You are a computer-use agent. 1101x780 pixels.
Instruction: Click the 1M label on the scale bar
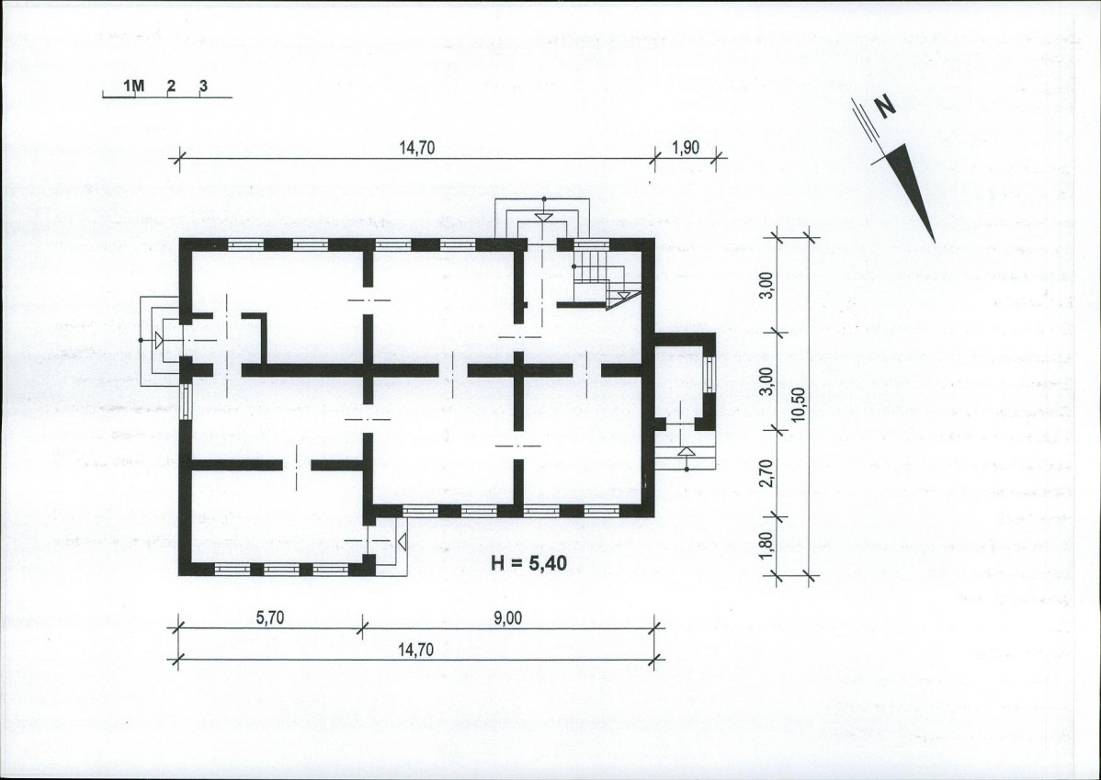pyautogui.click(x=133, y=86)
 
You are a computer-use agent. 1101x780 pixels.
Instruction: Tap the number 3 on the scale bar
pyautogui.click(x=204, y=85)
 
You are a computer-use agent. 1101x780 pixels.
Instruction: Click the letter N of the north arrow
pyautogui.click(x=886, y=106)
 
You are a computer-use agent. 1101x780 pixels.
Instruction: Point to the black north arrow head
pyautogui.click(x=912, y=190)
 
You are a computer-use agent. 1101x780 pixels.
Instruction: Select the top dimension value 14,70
pyautogui.click(x=417, y=147)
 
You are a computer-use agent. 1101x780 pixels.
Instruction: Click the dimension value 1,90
pyautogui.click(x=686, y=147)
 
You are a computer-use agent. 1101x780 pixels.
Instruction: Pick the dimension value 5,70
pyautogui.click(x=269, y=617)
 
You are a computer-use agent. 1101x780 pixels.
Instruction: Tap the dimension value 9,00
pyautogui.click(x=507, y=617)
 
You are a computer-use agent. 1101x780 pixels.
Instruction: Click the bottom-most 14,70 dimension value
pyautogui.click(x=415, y=650)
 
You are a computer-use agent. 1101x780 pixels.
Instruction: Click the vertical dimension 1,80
pyautogui.click(x=766, y=547)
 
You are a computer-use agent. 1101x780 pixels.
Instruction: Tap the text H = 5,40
pyautogui.click(x=528, y=563)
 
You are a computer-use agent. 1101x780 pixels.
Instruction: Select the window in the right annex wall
pyautogui.click(x=709, y=374)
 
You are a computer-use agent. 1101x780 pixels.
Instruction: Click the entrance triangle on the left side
pyautogui.click(x=159, y=340)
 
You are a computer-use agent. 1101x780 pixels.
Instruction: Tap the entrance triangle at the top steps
pyautogui.click(x=543, y=217)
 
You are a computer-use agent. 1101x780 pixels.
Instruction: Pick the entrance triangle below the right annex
pyautogui.click(x=686, y=451)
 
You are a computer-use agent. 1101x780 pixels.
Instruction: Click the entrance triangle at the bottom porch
pyautogui.click(x=403, y=541)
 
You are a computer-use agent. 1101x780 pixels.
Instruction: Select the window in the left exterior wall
pyautogui.click(x=185, y=401)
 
